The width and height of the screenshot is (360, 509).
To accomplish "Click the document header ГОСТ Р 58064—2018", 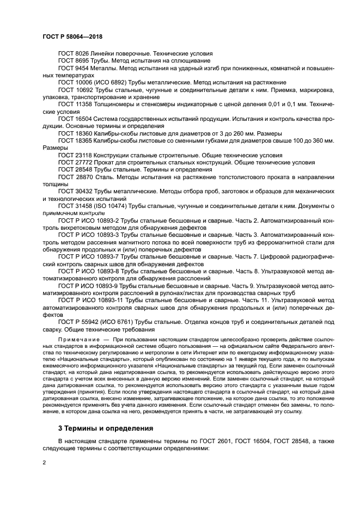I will (x=72, y=36).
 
